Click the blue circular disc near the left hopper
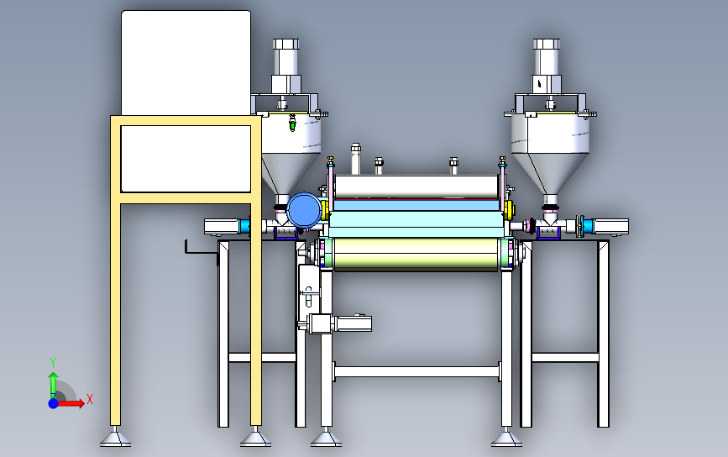(x=304, y=209)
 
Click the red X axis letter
(x=89, y=399)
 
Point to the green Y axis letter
(x=53, y=361)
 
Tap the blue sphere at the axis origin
(x=54, y=403)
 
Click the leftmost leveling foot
(x=115, y=438)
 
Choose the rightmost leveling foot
(x=504, y=438)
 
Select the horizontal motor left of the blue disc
(x=223, y=226)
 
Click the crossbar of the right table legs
(x=564, y=357)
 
